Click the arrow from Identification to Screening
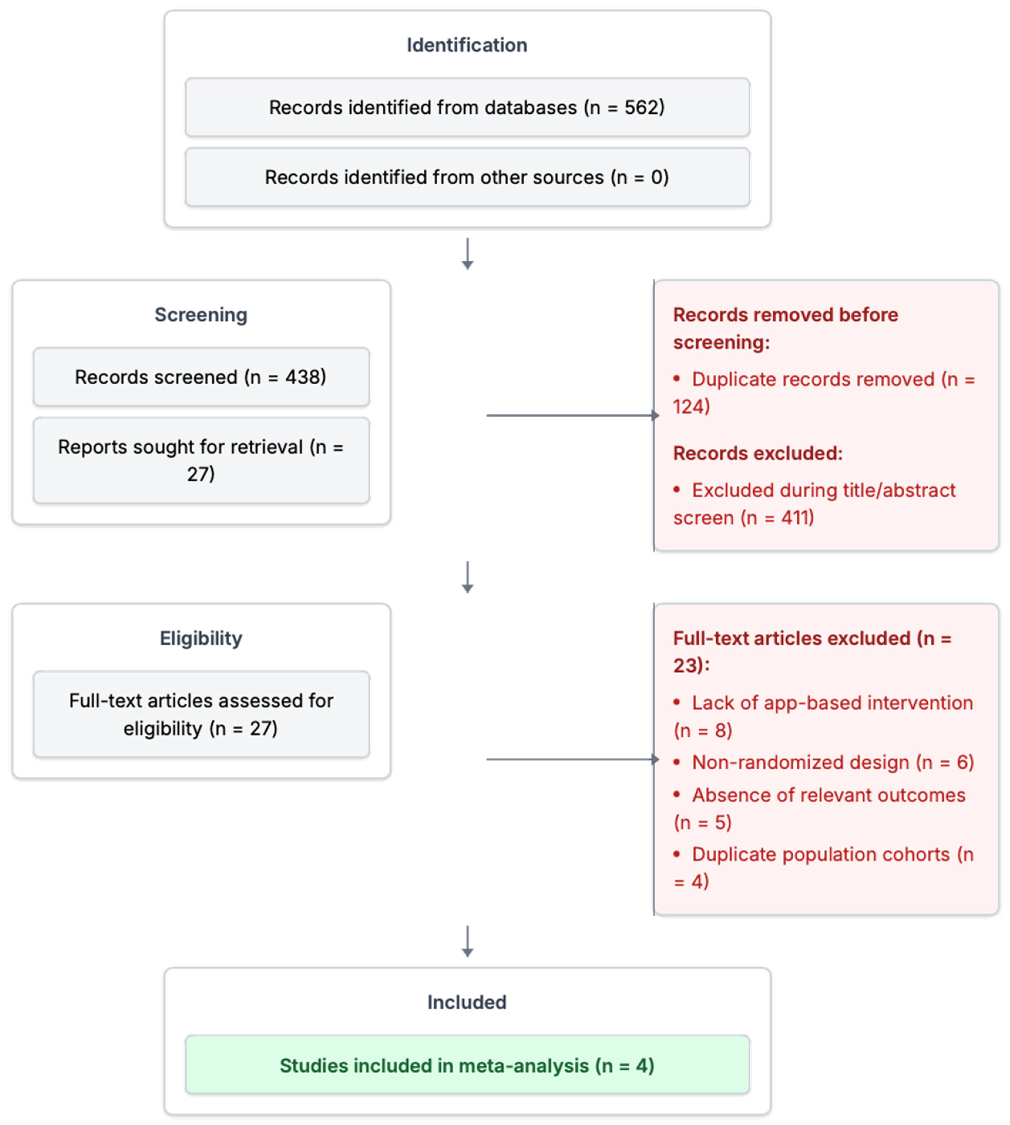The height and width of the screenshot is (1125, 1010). [467, 254]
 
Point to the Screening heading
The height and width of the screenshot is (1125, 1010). [201, 314]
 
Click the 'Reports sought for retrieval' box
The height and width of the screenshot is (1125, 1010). [201, 460]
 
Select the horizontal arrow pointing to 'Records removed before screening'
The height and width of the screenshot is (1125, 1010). [572, 415]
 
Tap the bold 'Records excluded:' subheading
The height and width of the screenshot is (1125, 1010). [757, 453]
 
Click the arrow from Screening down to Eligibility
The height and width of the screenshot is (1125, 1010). [467, 577]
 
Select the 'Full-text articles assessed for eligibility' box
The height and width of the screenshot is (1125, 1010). [201, 714]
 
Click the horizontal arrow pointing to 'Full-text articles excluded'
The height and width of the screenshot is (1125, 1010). [572, 759]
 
